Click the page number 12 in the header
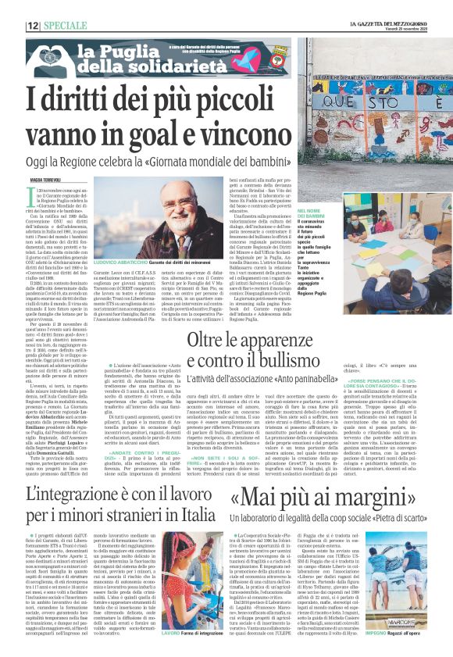[34, 26]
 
